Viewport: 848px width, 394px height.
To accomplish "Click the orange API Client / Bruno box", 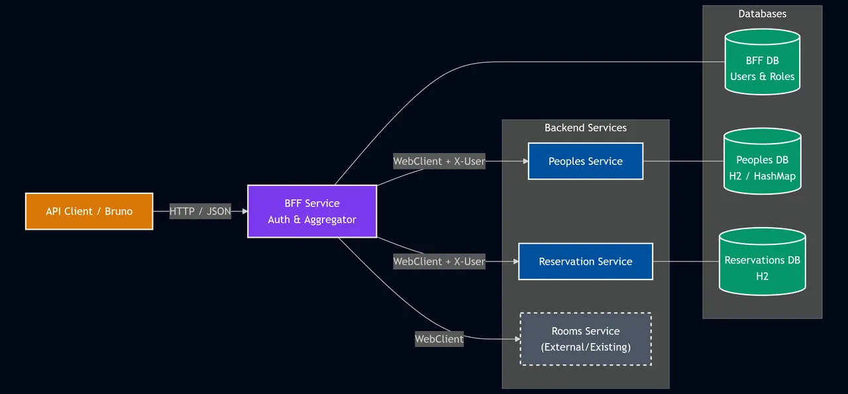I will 89,211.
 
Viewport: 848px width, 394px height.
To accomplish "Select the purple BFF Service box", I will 312,211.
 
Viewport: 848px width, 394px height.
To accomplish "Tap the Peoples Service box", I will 585,161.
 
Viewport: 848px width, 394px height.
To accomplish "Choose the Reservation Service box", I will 585,262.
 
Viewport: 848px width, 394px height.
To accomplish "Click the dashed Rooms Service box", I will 585,339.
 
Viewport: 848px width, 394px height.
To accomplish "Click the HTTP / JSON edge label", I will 200,211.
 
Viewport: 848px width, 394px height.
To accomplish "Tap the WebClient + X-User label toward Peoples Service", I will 439,161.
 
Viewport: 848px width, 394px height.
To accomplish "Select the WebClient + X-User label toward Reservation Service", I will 439,262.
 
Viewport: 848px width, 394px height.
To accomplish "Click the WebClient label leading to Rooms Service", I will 439,339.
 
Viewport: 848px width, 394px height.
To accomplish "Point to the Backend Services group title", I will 585,128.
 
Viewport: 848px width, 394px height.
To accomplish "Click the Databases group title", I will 762,13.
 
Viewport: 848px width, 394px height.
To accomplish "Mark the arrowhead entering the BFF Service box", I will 244,211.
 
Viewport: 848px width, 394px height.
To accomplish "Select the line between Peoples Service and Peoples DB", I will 682,161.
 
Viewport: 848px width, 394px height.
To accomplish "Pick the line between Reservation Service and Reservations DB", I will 686,262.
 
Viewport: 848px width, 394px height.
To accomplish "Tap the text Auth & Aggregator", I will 312,220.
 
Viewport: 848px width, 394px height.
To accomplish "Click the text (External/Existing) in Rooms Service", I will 585,347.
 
